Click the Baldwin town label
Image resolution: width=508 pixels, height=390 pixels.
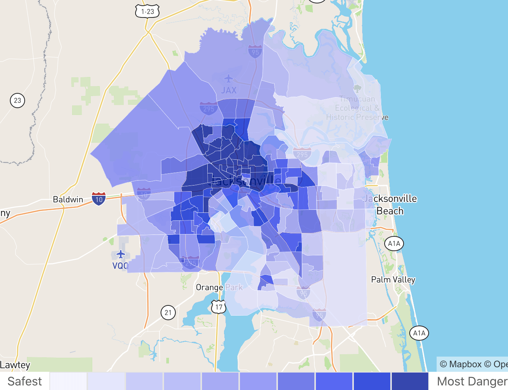tap(68, 199)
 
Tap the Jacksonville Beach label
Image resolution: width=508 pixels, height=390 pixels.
tap(390, 205)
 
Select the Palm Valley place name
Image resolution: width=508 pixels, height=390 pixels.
tap(393, 280)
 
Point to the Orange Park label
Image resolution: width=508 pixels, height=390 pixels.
tap(219, 287)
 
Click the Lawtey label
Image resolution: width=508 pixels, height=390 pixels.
tap(15, 365)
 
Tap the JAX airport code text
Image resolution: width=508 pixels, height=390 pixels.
tap(229, 90)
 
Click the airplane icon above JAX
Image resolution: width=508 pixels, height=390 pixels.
tap(228, 79)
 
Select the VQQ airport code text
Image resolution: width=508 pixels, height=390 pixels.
tap(120, 266)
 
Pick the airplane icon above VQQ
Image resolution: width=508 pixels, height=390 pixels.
tap(121, 253)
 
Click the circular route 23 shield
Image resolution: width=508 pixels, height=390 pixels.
tap(17, 101)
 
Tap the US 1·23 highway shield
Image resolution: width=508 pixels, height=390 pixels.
tap(147, 12)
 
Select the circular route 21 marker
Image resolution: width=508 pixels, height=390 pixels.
tap(168, 313)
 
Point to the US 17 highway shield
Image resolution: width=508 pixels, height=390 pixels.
tap(219, 307)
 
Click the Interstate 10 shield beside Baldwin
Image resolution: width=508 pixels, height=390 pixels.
tap(99, 198)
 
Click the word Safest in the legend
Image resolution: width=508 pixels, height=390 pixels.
tap(25, 381)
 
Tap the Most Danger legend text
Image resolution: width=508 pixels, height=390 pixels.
tap(472, 381)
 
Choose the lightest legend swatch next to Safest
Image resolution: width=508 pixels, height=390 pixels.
tap(68, 381)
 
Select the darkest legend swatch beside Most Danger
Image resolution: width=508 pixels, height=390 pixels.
tap(410, 381)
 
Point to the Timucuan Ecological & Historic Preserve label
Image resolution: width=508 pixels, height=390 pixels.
tap(357, 108)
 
